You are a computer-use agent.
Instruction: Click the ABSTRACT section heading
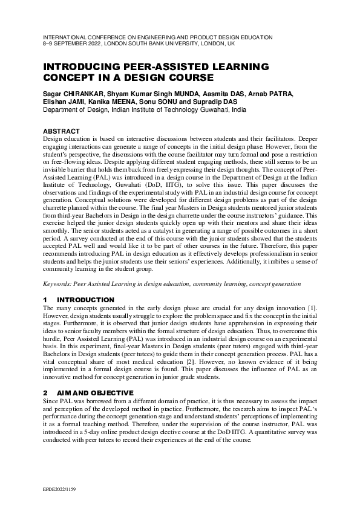[61, 131]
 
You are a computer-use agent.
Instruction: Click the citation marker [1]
[311, 309]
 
